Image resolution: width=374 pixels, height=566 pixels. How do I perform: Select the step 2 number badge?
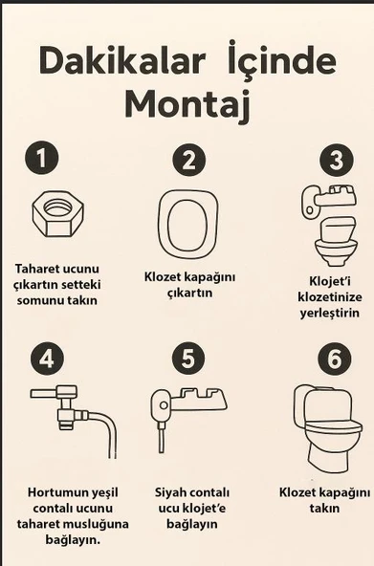coord(188,159)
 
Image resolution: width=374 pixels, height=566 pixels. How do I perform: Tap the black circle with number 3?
coord(336,159)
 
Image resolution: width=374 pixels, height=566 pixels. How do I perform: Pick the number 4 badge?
coord(47,359)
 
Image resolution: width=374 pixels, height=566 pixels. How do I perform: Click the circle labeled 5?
coord(188,359)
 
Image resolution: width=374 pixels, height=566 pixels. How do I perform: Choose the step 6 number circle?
coord(332,359)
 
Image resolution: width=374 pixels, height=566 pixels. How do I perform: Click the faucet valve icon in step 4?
coord(57,402)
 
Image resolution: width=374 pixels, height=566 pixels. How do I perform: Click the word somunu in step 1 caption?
coord(38,300)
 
